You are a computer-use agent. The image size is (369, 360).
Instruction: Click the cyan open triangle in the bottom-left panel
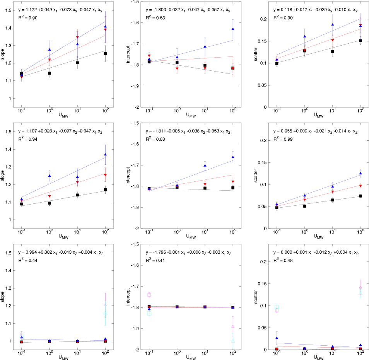pos(105,312)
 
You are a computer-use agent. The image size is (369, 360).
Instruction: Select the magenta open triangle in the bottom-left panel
pos(105,305)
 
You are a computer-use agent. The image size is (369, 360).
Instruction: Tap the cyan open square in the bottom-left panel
pos(22,336)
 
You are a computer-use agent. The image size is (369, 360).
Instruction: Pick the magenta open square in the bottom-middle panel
pos(149,295)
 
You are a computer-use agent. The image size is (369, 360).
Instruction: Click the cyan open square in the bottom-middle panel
pos(149,313)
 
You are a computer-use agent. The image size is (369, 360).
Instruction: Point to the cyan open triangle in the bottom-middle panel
pos(233,341)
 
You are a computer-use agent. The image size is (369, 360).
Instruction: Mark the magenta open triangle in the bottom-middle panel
pos(233,326)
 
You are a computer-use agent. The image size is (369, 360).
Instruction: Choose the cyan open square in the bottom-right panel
pos(277,307)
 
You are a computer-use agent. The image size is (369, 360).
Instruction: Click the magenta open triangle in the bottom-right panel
pos(360,287)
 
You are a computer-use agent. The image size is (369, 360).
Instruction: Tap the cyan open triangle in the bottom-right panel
pos(360,293)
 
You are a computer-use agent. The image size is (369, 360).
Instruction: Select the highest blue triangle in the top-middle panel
pos(233,29)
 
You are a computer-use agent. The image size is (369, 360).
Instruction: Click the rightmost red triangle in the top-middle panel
pos(233,69)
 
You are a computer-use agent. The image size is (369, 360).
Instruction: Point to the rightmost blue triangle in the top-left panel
pos(105,26)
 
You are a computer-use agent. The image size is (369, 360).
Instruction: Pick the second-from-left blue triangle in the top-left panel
pos(50,49)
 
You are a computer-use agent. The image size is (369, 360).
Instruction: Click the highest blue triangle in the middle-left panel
pos(105,154)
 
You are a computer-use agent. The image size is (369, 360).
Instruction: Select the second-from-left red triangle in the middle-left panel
pos(50,196)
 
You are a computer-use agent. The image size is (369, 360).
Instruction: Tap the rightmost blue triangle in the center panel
pos(233,157)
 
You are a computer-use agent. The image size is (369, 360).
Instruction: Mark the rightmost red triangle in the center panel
pos(233,181)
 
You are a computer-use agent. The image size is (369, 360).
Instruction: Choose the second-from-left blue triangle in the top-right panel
pos(304,36)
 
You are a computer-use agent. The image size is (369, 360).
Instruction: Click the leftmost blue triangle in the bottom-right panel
pos(277,338)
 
